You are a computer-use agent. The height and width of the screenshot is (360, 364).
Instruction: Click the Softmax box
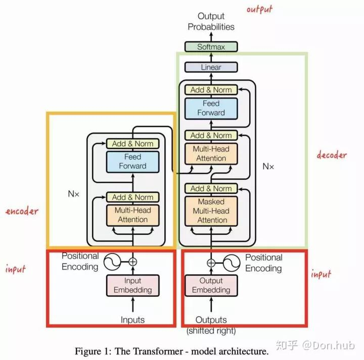coord(211,46)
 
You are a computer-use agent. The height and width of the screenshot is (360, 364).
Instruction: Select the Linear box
coord(211,67)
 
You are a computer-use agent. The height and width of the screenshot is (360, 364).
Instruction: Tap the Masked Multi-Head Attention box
coord(211,211)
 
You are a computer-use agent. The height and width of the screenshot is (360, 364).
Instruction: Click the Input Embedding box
coord(133,285)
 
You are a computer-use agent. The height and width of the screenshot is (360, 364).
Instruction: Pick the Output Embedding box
coord(211,285)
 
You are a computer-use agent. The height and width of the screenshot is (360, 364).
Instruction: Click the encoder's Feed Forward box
coord(133,162)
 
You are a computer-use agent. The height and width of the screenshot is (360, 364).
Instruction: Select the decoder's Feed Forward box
coord(211,109)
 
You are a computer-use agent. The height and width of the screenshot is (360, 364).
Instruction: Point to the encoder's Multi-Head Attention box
coord(133,215)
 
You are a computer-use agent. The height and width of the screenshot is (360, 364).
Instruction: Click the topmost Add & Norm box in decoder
coord(211,90)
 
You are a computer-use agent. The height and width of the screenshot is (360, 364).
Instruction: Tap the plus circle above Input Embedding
coord(133,262)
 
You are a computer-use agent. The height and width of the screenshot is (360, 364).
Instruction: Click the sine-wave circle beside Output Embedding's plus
coord(232,263)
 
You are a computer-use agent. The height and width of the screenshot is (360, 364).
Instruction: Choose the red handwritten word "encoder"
coord(22,211)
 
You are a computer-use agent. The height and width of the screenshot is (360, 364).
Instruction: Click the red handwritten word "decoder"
coord(332,155)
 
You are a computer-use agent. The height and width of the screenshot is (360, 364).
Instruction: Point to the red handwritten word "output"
coord(259,10)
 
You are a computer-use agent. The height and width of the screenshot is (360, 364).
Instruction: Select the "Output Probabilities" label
coord(211,21)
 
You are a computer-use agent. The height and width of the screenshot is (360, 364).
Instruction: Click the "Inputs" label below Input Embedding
coord(132,320)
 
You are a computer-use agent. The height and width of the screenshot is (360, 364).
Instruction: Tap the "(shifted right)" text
coord(211,331)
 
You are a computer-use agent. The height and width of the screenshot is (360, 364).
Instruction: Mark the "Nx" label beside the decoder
coord(268,166)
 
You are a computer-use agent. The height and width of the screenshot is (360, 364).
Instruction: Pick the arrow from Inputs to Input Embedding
coord(133,304)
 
